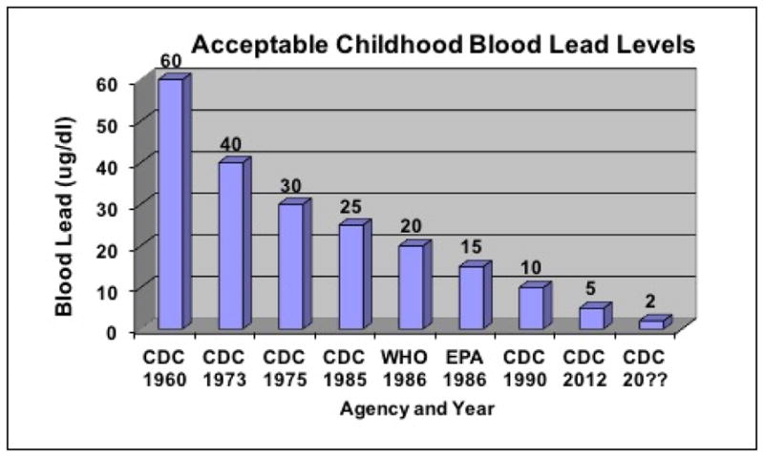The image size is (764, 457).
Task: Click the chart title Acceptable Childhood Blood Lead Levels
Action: (441, 45)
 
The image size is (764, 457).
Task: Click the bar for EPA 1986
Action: (472, 298)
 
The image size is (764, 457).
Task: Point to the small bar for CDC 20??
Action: (652, 324)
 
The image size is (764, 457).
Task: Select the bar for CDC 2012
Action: (592, 318)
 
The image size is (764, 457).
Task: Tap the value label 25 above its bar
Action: (351, 207)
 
